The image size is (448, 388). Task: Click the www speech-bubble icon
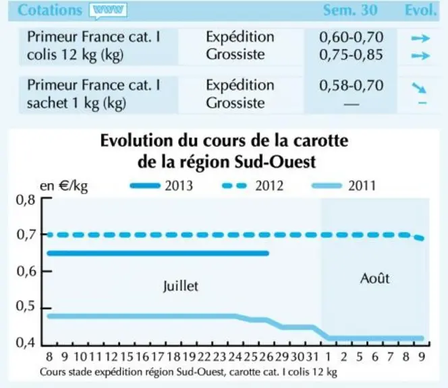pos(108,11)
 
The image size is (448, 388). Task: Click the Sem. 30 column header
pos(350,10)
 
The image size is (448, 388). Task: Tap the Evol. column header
pos(421,10)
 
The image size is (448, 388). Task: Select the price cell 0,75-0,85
pos(351,55)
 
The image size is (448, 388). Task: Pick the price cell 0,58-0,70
pos(351,86)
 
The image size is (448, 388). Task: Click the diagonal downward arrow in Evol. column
pos(419,88)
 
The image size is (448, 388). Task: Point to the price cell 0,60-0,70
pos(351,37)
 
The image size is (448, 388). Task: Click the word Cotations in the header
pos(50,10)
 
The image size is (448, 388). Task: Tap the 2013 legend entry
pos(161,186)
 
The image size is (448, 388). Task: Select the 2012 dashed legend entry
pos(252,186)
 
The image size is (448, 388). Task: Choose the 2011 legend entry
pos(344,186)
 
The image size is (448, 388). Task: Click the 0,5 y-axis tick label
pos(26,306)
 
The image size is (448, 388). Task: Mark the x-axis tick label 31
pos(312,356)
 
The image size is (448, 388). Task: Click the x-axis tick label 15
pos(127,356)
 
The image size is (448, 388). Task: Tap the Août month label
pos(374,278)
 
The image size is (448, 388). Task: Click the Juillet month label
pos(181,286)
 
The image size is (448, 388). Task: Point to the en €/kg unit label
pos(63,186)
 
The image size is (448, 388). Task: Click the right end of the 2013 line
pos(268,253)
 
